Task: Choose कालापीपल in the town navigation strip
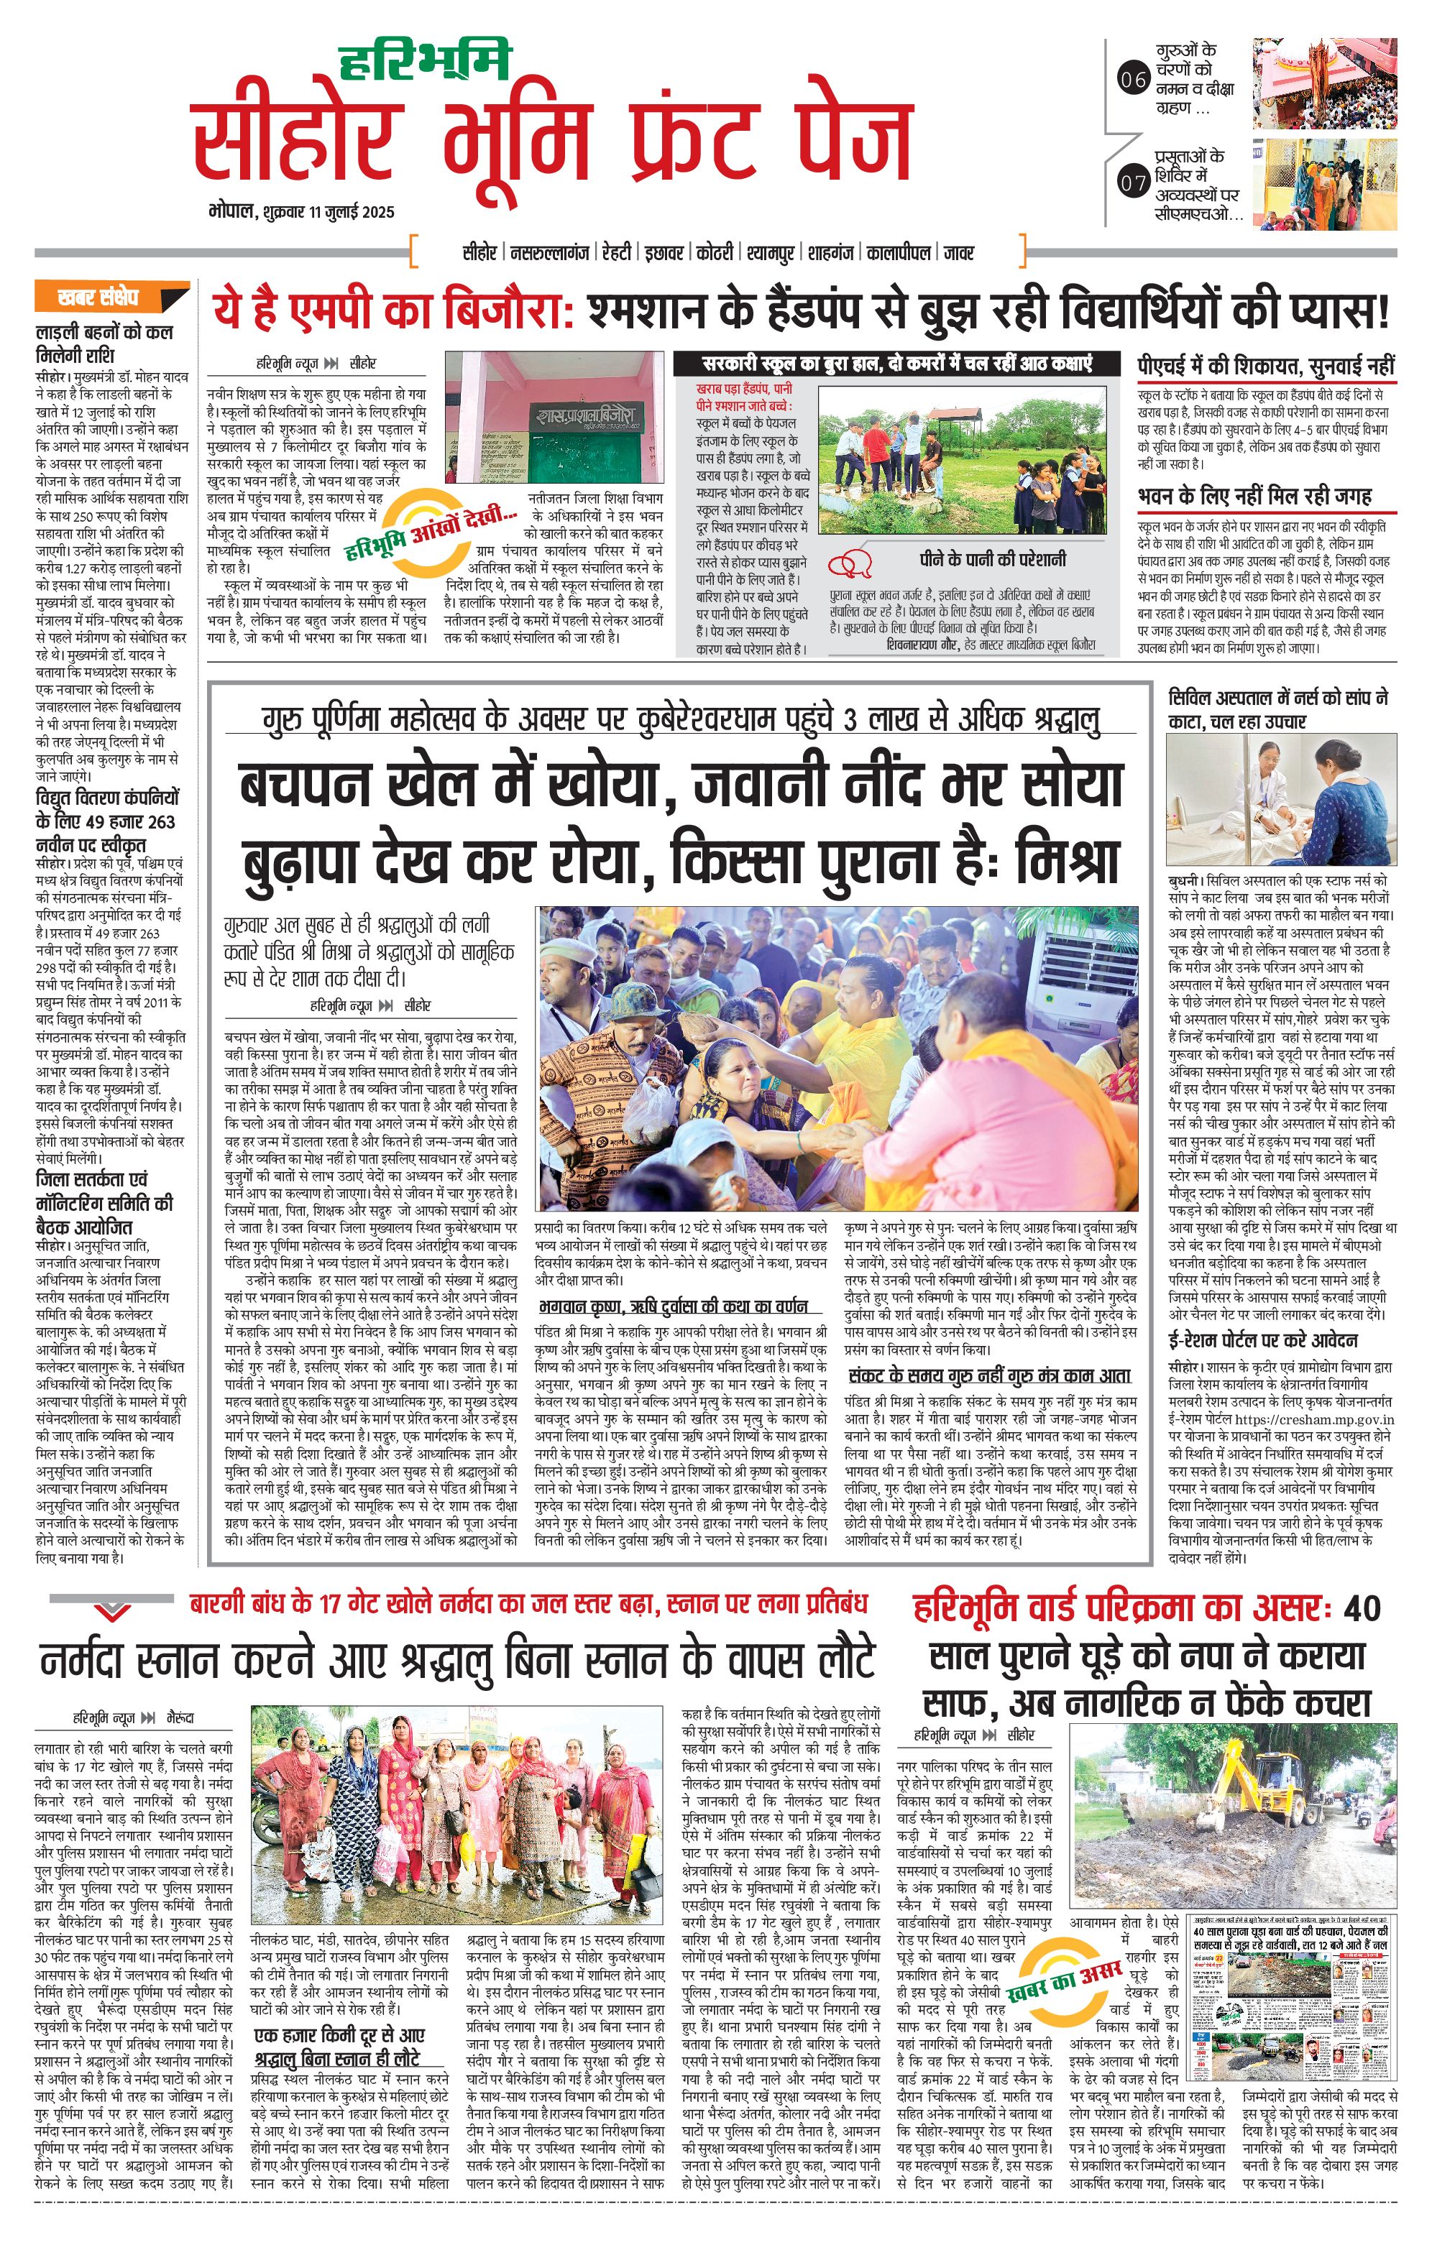pyautogui.click(x=898, y=253)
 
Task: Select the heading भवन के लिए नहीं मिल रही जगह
pyautogui.click(x=1255, y=497)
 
